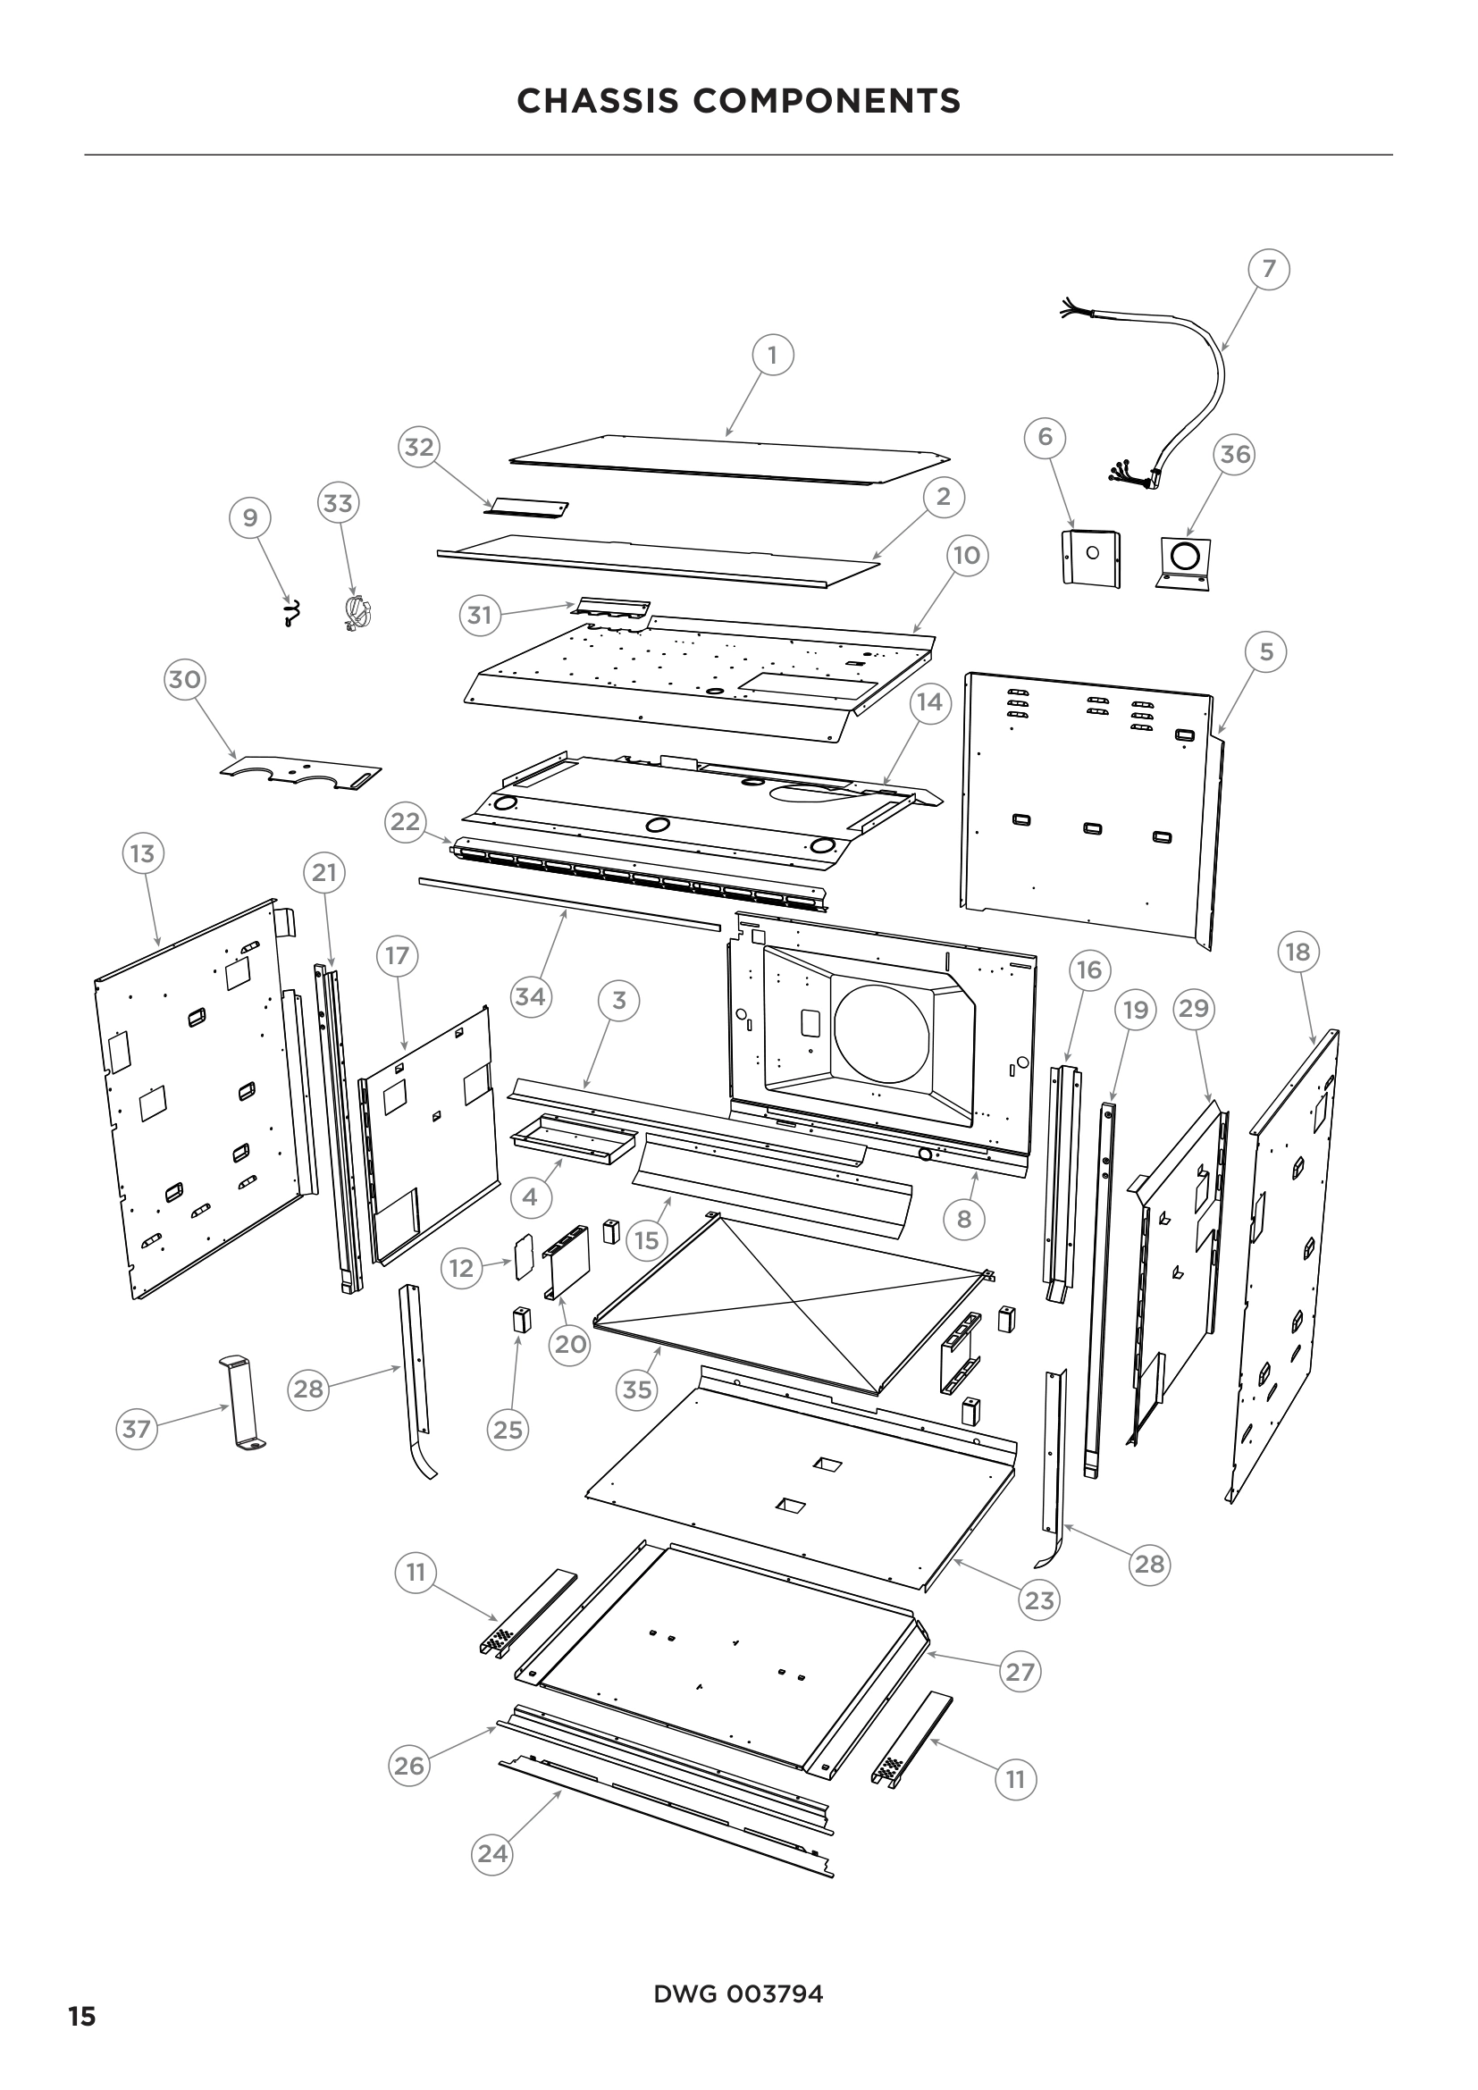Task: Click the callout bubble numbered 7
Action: click(1269, 269)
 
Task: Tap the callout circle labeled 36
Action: click(1235, 453)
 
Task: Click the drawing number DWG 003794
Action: click(738, 1994)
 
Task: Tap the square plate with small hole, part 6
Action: click(1091, 556)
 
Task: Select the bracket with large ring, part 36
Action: click(1185, 562)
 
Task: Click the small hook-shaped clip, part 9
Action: click(291, 615)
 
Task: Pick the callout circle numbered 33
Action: click(338, 502)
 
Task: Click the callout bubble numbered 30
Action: click(185, 679)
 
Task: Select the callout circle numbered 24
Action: click(492, 1853)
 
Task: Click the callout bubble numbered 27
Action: click(1020, 1671)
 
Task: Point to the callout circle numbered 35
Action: click(636, 1389)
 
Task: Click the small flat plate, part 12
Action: click(524, 1257)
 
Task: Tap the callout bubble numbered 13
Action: click(142, 854)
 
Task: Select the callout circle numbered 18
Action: click(1297, 953)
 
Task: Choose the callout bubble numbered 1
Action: click(773, 354)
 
